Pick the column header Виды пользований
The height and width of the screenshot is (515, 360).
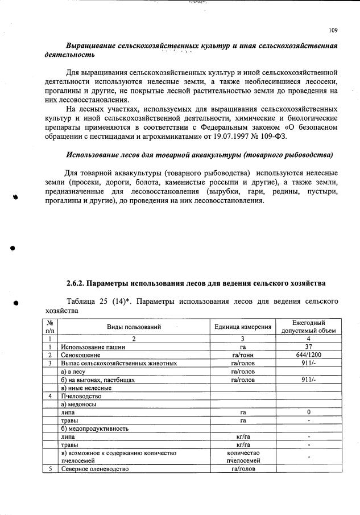(x=134, y=327)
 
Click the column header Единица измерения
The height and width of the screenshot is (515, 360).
(x=242, y=327)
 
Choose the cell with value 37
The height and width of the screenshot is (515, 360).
(x=308, y=347)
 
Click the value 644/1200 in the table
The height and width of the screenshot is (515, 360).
(x=308, y=355)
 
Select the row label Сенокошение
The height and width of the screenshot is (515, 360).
(x=82, y=355)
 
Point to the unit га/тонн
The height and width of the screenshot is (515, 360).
(x=242, y=355)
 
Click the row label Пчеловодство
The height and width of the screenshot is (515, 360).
(x=81, y=395)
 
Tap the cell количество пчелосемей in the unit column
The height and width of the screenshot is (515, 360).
(x=242, y=457)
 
